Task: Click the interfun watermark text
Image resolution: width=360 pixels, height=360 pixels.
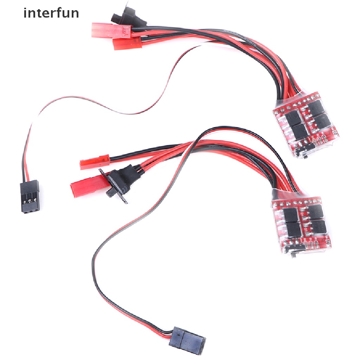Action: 51,13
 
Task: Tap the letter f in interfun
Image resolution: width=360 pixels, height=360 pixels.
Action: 60,13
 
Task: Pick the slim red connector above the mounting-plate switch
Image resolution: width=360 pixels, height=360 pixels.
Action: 95,163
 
